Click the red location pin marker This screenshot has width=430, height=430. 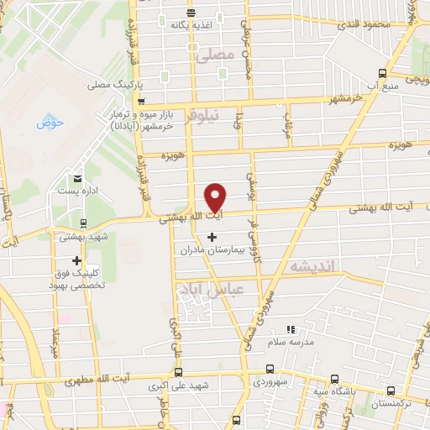click(216, 197)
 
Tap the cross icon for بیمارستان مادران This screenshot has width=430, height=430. click(211, 238)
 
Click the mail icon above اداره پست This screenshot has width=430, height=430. click(77, 178)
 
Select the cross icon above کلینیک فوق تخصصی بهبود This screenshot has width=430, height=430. click(76, 260)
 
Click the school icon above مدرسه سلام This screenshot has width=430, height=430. click(291, 328)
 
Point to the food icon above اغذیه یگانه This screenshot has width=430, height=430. click(192, 13)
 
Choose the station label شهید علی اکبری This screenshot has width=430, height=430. click(179, 385)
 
